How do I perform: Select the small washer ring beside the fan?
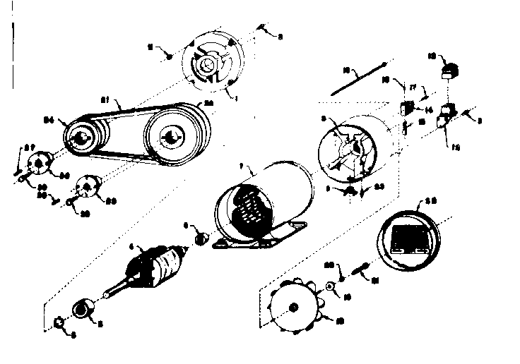pyautogui.click(x=329, y=286)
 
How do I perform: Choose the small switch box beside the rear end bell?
pyautogui.click(x=406, y=109)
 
